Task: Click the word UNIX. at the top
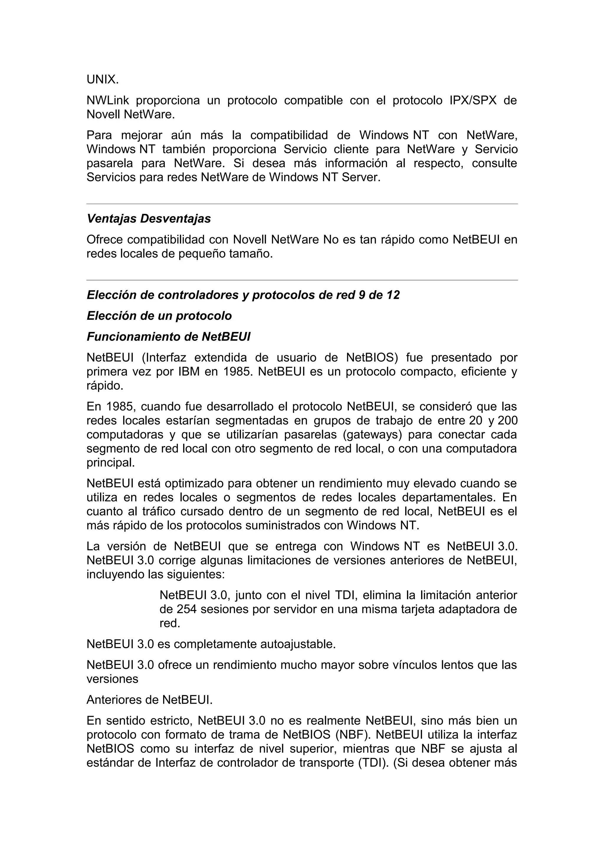pos(102,80)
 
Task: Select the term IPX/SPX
pos(473,101)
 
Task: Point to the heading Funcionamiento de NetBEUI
pos(168,337)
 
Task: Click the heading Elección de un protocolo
pos(159,316)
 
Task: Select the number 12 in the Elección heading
pos(393,295)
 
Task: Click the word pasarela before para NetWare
pos(108,163)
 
